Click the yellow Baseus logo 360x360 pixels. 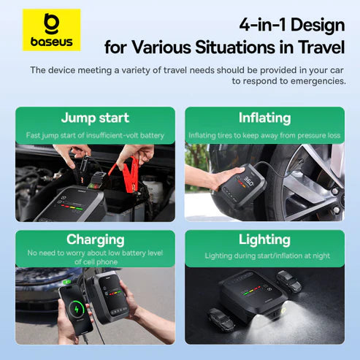tap(51, 30)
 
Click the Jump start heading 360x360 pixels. tap(95, 118)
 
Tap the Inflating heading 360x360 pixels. tap(264, 118)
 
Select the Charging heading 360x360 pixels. tap(95, 240)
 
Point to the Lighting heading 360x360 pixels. tap(264, 240)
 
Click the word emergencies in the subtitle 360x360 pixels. tap(315, 81)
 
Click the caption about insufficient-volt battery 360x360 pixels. tap(95, 136)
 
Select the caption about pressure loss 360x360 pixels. tap(264, 136)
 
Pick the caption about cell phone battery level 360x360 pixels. tap(95, 257)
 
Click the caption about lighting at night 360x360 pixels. tap(264, 256)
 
